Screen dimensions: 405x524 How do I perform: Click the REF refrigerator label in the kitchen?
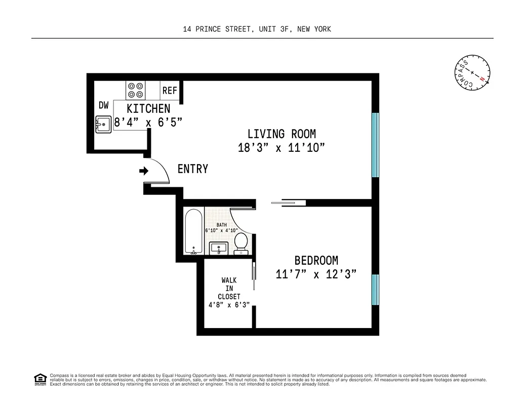pos(170,91)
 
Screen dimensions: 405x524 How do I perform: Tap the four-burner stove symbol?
pos(135,90)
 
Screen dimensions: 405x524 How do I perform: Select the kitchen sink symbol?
pos(103,124)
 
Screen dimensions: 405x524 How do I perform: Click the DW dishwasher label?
pos(104,105)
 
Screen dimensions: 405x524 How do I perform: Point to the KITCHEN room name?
pos(148,109)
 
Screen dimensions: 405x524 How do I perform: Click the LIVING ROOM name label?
pos(281,134)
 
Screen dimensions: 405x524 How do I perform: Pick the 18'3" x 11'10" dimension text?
pos(281,148)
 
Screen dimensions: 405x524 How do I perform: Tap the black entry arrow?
pos(143,171)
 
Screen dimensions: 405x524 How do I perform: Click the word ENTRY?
pos(192,169)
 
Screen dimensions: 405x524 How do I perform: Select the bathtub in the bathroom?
pos(193,231)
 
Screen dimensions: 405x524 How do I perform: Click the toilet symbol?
pos(241,242)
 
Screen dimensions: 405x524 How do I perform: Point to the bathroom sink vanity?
pos(219,248)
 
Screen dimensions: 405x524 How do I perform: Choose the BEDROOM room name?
pos(316,261)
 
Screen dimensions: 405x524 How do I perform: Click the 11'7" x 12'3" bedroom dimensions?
pos(316,274)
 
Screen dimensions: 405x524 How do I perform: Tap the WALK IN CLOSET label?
pos(229,289)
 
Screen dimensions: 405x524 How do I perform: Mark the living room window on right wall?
pos(375,145)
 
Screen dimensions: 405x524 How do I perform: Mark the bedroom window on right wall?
pos(375,290)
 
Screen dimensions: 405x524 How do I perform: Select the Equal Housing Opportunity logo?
pos(39,379)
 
